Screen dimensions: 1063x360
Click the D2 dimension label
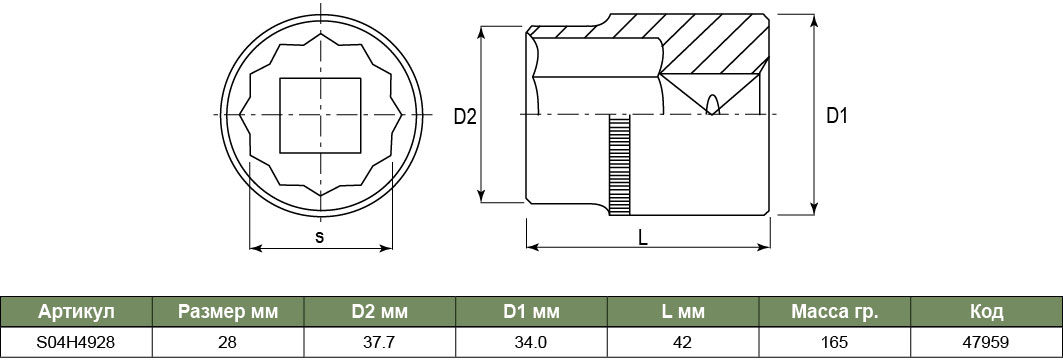pyautogui.click(x=465, y=117)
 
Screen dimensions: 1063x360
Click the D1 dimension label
pyautogui.click(x=837, y=116)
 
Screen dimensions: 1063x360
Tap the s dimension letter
pyautogui.click(x=320, y=237)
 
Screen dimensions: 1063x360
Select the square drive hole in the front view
pyautogui.click(x=320, y=115)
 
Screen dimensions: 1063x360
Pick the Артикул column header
pyautogui.click(x=77, y=312)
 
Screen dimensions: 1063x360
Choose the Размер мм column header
pyautogui.click(x=228, y=312)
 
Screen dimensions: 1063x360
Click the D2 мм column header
pyautogui.click(x=380, y=312)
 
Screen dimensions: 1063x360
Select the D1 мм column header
pyautogui.click(x=532, y=312)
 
